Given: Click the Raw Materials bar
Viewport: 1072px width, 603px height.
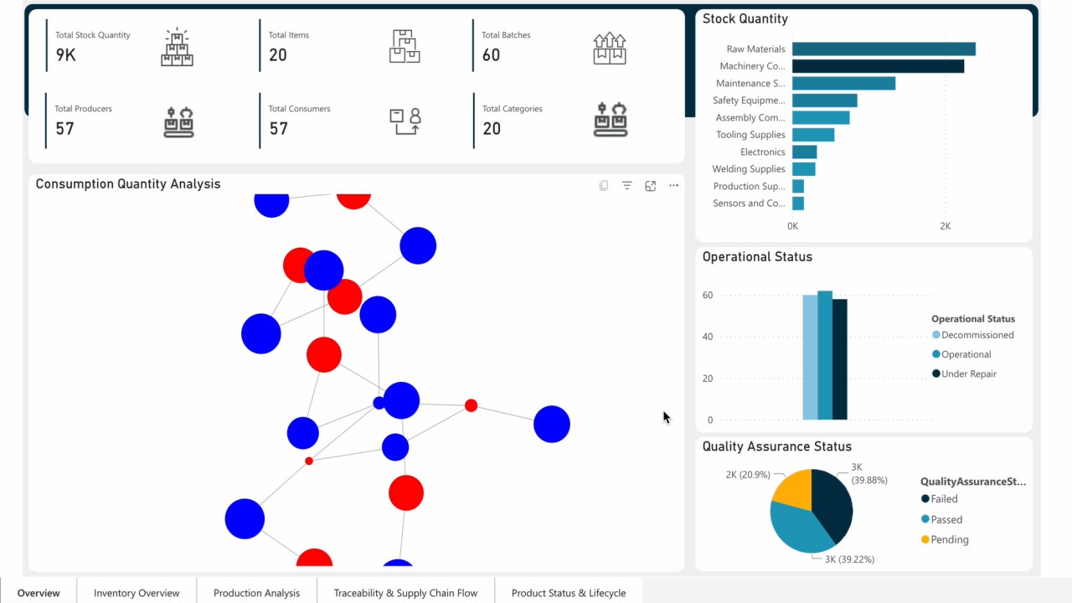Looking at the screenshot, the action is (884, 49).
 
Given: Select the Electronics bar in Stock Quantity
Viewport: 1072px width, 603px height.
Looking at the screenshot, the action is (805, 152).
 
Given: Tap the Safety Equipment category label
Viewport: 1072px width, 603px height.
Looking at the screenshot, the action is (749, 100).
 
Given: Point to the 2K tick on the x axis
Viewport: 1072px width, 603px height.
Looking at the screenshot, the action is (946, 226).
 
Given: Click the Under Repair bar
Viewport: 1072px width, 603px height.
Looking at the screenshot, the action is (840, 359).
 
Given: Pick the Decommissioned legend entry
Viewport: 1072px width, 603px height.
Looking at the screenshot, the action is (972, 335).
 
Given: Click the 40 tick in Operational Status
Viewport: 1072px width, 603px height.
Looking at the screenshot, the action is (708, 337).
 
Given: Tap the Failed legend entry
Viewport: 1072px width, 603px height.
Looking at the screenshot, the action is (940, 498).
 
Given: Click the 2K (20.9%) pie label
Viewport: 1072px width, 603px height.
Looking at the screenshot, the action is (748, 475).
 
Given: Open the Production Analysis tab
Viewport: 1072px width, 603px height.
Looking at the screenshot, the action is (256, 593).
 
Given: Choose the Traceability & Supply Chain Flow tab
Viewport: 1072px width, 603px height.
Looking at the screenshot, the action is (406, 593).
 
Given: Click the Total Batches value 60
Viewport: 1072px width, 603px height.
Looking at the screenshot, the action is (491, 55).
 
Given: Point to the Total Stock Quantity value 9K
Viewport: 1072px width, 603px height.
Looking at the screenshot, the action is (65, 55).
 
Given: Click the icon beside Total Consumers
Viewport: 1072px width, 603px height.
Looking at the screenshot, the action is (405, 121).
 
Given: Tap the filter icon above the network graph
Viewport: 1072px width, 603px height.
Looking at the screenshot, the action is (627, 185).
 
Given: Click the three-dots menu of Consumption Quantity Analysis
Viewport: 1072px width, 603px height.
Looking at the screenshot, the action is (673, 185).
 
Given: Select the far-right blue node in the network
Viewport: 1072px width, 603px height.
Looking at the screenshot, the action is (552, 424).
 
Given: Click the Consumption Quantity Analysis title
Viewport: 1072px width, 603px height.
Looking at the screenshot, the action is (128, 184).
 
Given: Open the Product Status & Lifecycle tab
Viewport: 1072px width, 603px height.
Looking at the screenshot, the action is (569, 593).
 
